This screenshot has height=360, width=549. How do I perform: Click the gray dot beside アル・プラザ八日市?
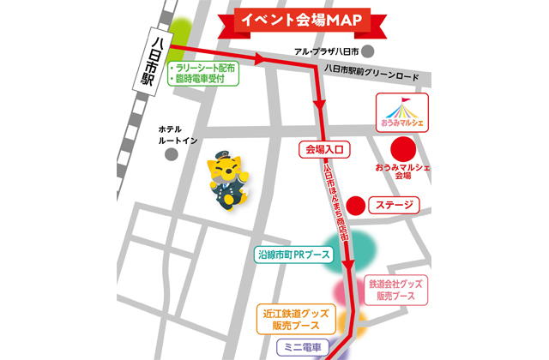click(366, 51)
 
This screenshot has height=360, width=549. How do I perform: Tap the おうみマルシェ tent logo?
click(403, 113)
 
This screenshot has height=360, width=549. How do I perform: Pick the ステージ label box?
click(395, 206)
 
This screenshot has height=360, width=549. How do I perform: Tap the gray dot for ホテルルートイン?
click(172, 155)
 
